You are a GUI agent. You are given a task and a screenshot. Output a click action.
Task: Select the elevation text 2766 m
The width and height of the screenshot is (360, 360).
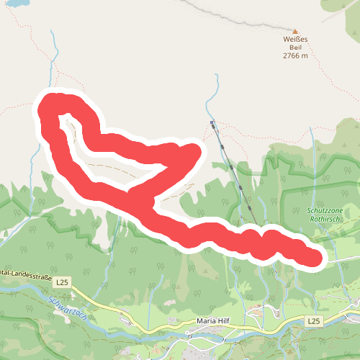pos(294,55)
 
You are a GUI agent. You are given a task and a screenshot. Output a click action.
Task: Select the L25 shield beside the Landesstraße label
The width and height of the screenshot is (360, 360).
pos(63,282)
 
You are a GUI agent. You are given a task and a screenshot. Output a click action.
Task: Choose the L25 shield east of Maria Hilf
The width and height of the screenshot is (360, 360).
pos(312,319)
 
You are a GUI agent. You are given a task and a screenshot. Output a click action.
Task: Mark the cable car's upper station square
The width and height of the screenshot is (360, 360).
pos(212,122)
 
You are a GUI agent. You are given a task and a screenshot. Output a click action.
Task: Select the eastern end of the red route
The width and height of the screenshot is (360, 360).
pos(314,257)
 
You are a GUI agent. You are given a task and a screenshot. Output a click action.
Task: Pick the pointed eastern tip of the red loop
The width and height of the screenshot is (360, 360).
pos(195,150)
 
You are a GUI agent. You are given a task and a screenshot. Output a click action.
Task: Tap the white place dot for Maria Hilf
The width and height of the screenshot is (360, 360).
pos(186,333)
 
